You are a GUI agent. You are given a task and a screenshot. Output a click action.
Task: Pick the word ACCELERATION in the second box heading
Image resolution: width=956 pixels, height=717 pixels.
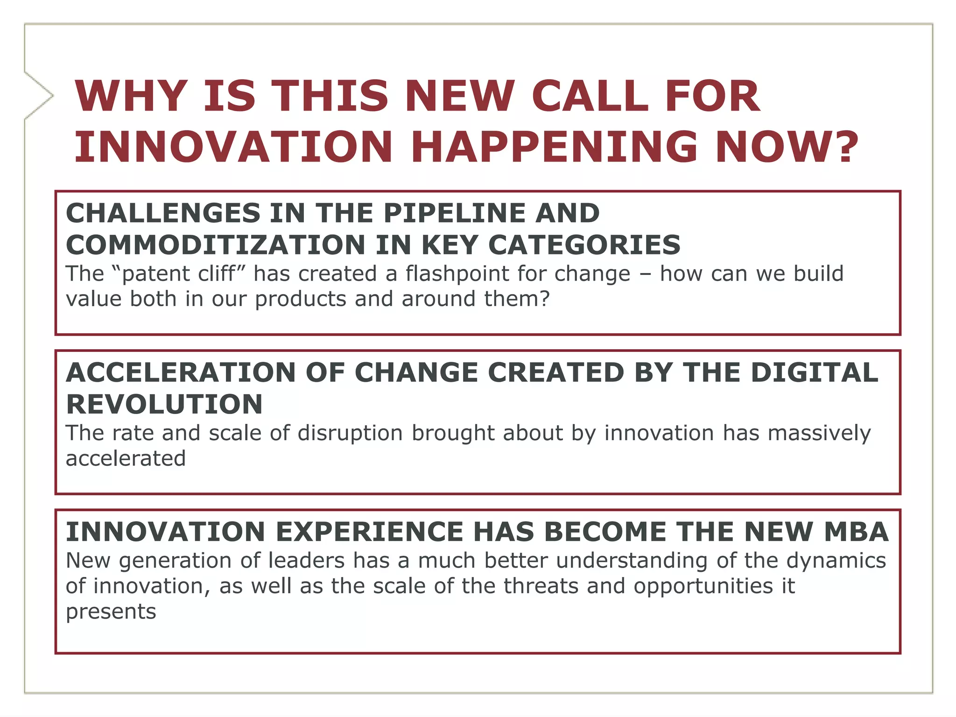pos(181,373)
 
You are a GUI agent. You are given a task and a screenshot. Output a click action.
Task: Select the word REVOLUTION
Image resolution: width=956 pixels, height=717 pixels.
pos(164,404)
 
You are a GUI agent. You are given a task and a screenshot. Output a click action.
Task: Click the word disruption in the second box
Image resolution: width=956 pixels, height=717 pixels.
pos(350,433)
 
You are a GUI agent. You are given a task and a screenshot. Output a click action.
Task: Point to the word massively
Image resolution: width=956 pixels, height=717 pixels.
pos(819,433)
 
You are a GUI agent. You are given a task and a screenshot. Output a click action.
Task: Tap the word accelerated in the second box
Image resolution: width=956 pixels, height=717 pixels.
pos(126,458)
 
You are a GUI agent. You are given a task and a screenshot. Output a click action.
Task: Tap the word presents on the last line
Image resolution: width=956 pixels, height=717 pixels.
pos(111,612)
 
